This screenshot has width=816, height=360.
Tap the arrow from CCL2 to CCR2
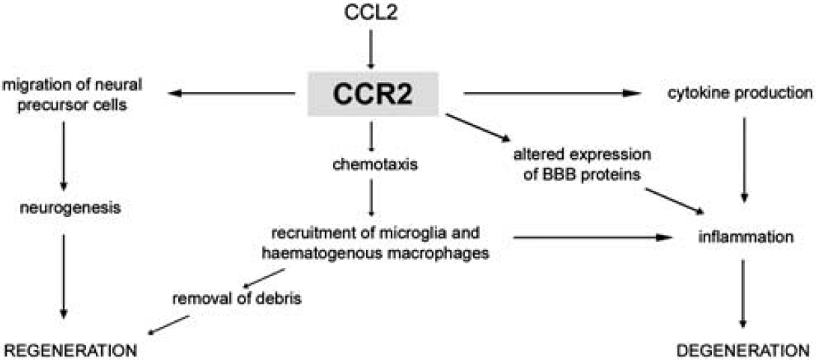pos(371,49)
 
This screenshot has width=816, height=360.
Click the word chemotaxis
pos(371,165)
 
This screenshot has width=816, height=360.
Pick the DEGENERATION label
pos(743,350)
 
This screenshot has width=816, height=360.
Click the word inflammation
pos(744,237)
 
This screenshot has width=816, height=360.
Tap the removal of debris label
pos(237,299)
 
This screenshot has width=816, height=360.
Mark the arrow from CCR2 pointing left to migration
pos(231,94)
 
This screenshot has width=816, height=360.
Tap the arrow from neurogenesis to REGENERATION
pos(64,275)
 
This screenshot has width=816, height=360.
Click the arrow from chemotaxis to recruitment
pos(371,198)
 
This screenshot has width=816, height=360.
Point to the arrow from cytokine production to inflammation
pos(744,159)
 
